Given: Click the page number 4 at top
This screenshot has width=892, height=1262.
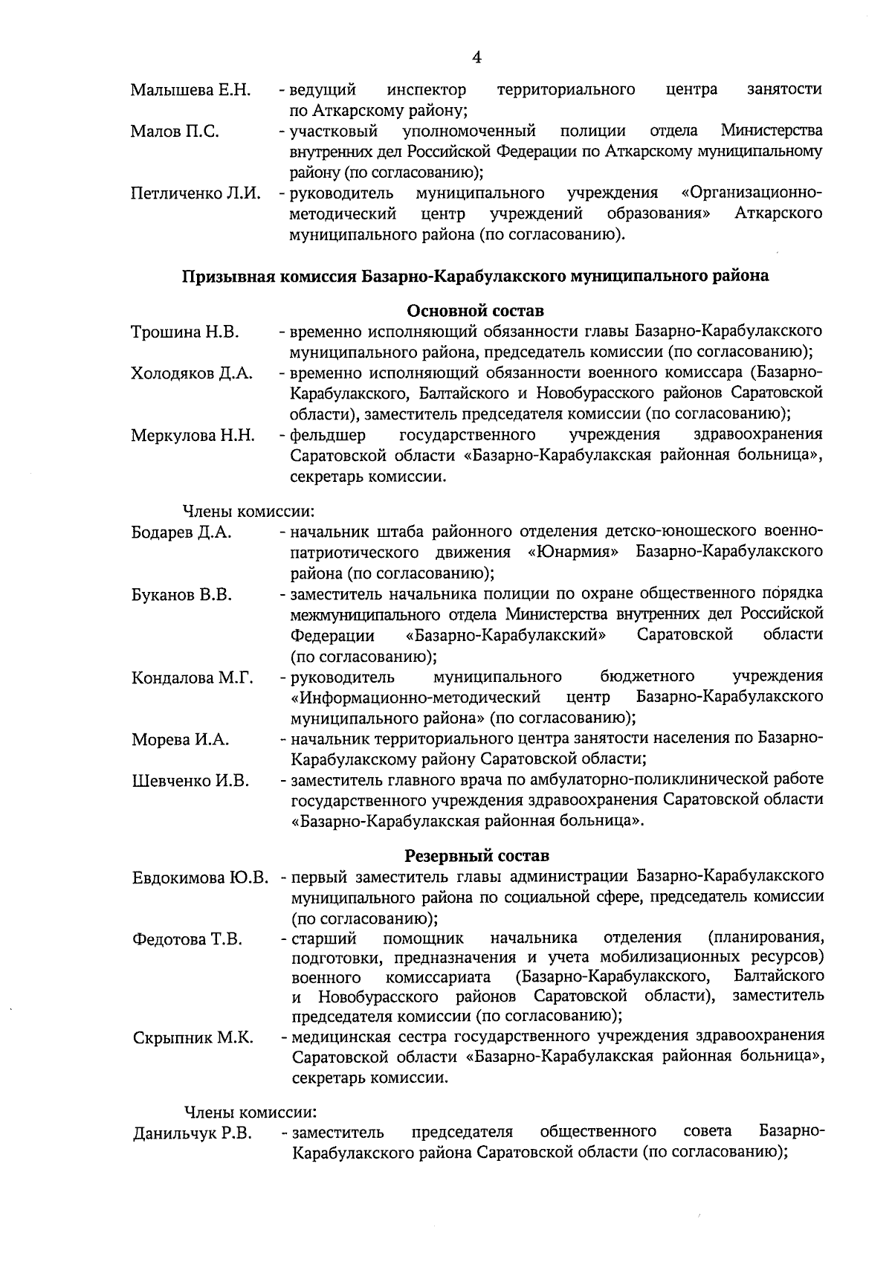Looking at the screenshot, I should coord(476,57).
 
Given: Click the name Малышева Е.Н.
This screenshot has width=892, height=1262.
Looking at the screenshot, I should coord(190,91).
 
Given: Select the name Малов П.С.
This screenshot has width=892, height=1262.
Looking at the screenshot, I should coord(175,132).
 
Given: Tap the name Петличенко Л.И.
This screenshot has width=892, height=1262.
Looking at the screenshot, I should coord(195,194).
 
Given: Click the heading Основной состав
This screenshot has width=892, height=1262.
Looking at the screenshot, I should coord(476,309).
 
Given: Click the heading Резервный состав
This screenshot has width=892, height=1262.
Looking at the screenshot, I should coord(476,855).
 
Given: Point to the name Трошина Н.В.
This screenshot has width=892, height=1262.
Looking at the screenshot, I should coord(185,332).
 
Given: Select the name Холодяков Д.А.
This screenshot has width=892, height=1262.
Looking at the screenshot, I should coord(192,373).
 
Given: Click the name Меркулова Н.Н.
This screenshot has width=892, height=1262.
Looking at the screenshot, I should coord(193,435).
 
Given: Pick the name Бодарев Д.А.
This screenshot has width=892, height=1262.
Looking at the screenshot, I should coord(182,532).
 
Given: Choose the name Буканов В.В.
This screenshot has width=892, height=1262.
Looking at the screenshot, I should coord(182,595).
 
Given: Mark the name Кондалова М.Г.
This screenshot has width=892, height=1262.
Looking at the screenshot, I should coord(193,677).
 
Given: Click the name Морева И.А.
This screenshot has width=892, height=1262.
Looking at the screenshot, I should coord(181,740).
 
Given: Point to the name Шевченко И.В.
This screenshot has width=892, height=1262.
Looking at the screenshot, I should coord(191,781).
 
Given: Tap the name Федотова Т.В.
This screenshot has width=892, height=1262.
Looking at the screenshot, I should coord(187,939).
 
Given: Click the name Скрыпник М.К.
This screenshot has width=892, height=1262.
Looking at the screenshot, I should coord(193,1037).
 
